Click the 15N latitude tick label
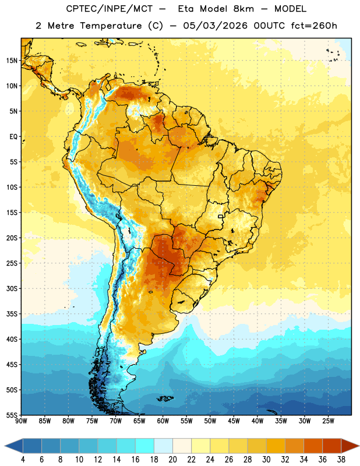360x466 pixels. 12,61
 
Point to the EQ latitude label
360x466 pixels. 13,137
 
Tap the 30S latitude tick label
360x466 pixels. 12,288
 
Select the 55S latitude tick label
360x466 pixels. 12,415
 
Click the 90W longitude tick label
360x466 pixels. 21,421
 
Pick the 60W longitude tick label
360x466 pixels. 163,421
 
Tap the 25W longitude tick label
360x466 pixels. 328,421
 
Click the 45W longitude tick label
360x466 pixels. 234,421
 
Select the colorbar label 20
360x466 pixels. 172,460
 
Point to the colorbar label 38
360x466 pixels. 341,460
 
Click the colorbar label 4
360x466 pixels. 23,460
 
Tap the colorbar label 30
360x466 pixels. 266,460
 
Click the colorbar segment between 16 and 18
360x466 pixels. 145,446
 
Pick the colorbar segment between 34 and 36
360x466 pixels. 313,446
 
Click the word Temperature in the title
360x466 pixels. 111,26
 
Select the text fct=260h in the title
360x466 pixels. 314,26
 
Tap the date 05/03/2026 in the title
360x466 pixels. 215,26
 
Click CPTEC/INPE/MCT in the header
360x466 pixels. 109,9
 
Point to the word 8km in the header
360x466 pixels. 243,9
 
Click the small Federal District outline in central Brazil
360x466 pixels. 221,216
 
